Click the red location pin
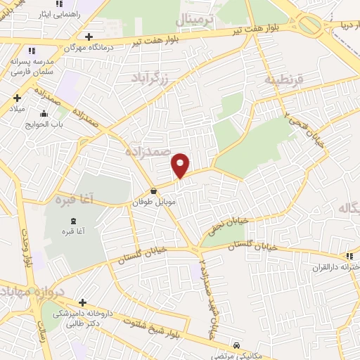coord(181,165)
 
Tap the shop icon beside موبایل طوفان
coord(153,191)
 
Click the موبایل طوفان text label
coord(153,202)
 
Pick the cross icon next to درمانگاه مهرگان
coord(88,37)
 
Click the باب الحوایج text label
coord(44,124)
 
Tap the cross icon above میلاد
coord(16,98)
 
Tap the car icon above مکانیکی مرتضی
coord(239,345)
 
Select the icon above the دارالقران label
coord(350,257)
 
